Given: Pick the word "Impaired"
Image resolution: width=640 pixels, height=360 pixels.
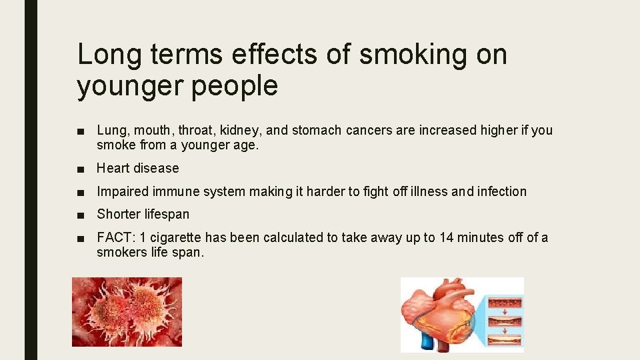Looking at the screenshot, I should pyautogui.click(x=122, y=192).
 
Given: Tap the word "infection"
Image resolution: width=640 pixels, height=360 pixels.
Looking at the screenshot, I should pyautogui.click(x=500, y=192).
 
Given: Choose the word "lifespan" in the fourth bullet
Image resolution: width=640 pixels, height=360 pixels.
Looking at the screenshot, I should pyautogui.click(x=164, y=215).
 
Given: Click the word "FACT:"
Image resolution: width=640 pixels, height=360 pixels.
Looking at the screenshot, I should pyautogui.click(x=115, y=237).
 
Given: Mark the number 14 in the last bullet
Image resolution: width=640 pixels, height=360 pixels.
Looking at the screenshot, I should pyautogui.click(x=447, y=237).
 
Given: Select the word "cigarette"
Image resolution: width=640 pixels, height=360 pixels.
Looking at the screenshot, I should pyautogui.click(x=174, y=237).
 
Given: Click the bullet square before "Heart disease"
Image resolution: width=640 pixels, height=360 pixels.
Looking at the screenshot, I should pyautogui.click(x=80, y=169).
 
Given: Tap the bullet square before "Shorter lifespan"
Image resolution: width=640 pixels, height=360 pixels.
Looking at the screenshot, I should pyautogui.click(x=80, y=215).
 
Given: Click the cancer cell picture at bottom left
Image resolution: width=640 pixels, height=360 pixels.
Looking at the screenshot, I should pyautogui.click(x=127, y=312).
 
